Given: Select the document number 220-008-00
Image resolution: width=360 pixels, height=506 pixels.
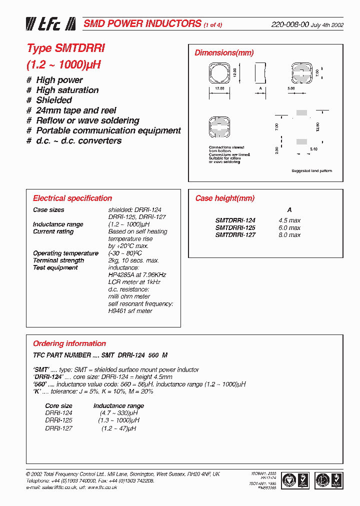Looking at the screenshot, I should (290, 24).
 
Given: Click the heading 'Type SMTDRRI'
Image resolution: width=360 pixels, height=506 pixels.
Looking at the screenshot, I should (65, 48).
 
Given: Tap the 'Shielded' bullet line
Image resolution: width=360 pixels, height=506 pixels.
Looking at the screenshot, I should (53, 100).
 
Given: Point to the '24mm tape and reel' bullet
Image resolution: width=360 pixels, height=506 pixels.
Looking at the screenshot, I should (75, 110).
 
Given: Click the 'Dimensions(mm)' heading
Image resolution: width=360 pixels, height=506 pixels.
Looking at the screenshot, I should (224, 53).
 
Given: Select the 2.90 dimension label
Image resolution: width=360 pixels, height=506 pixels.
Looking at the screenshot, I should (276, 150).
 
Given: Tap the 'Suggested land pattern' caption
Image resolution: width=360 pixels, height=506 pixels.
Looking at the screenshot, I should (311, 171).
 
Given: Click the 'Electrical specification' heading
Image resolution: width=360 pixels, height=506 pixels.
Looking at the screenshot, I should (72, 198).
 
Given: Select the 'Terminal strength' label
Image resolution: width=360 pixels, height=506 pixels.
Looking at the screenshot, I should (58, 260).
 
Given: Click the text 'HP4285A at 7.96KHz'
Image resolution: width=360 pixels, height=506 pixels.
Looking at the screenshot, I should (137, 275).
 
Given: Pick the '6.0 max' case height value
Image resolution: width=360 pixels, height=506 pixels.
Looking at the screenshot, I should (289, 227).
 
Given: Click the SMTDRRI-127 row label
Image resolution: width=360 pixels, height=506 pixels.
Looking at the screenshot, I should (235, 234).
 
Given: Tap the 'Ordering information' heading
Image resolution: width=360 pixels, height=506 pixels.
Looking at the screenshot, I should (69, 343).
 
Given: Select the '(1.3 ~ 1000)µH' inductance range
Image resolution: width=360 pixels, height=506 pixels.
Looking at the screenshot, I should (118, 421).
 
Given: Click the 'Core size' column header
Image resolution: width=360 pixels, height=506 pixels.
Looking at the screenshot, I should (58, 405).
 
